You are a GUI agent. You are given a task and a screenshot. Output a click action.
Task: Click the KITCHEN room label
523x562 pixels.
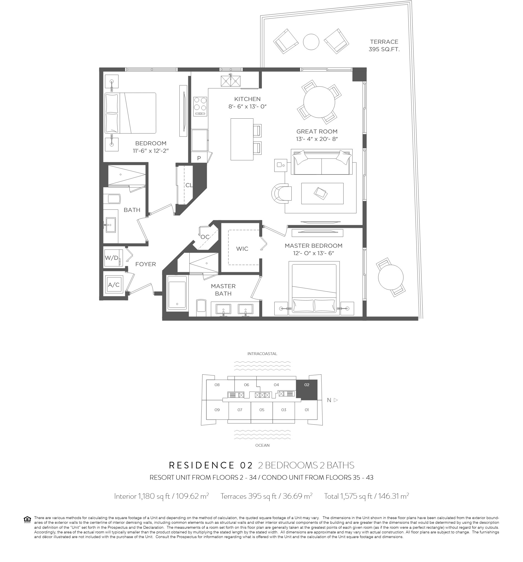[247, 99]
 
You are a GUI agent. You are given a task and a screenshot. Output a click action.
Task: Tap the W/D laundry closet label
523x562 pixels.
[112, 258]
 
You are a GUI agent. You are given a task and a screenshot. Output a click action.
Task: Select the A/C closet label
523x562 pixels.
[114, 285]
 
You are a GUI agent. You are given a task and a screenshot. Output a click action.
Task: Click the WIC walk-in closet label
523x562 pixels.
[242, 249]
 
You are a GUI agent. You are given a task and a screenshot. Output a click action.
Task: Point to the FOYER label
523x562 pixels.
[146, 264]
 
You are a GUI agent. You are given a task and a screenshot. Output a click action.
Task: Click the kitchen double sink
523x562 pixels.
[231, 81]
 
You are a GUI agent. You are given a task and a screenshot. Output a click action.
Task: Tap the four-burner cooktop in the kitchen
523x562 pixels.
[200, 106]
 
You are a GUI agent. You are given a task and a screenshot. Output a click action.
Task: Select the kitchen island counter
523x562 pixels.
[242, 139]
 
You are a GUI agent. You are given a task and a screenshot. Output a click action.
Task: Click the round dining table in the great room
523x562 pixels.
[319, 102]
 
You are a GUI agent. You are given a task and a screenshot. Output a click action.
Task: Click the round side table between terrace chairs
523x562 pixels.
[311, 42]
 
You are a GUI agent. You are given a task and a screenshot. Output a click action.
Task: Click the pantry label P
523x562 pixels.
[199, 158]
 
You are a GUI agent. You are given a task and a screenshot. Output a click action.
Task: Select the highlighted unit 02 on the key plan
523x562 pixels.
[307, 390]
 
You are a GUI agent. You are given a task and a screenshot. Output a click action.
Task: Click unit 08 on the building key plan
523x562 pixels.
[217, 385]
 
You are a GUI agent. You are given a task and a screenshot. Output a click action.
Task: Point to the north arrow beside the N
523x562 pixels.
[336, 400]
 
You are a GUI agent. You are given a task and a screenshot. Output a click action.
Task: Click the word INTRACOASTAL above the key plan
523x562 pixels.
[262, 354]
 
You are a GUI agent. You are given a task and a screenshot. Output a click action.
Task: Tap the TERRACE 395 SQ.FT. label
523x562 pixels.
[384, 45]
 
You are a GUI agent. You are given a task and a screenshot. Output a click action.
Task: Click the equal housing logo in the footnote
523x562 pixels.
[28, 520]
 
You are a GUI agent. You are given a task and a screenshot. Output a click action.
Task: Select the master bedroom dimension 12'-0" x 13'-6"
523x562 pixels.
[314, 253]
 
